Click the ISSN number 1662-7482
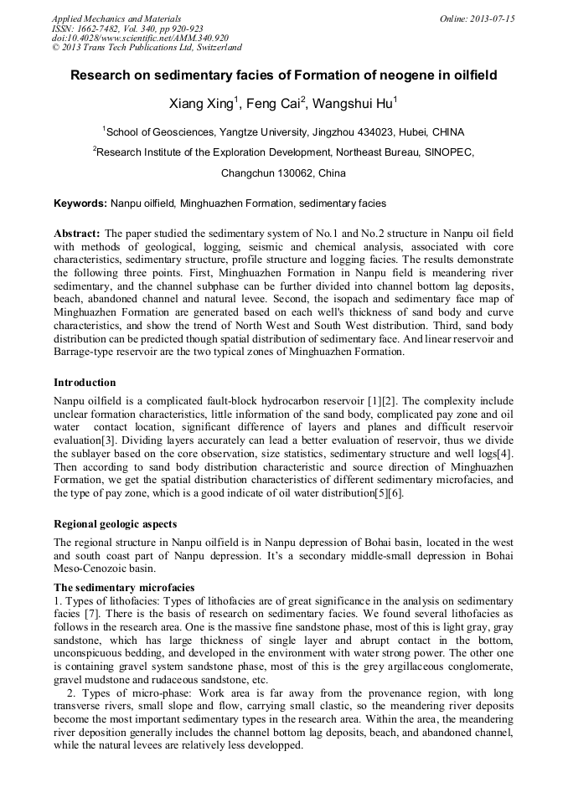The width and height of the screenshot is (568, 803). pyautogui.click(x=99, y=28)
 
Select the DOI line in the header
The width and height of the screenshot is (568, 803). pyautogui.click(x=140, y=39)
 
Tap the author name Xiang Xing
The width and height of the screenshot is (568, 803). pyautogui.click(x=205, y=104)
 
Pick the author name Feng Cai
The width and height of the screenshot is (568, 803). pyautogui.click(x=273, y=104)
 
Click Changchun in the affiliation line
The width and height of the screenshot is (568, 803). pyautogui.click(x=247, y=174)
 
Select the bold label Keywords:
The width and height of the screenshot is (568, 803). pyautogui.click(x=80, y=203)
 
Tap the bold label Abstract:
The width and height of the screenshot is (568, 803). pyautogui.click(x=77, y=233)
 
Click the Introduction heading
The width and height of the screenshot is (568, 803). pyautogui.click(x=85, y=383)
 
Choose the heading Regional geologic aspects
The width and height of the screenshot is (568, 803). pyautogui.click(x=115, y=523)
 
